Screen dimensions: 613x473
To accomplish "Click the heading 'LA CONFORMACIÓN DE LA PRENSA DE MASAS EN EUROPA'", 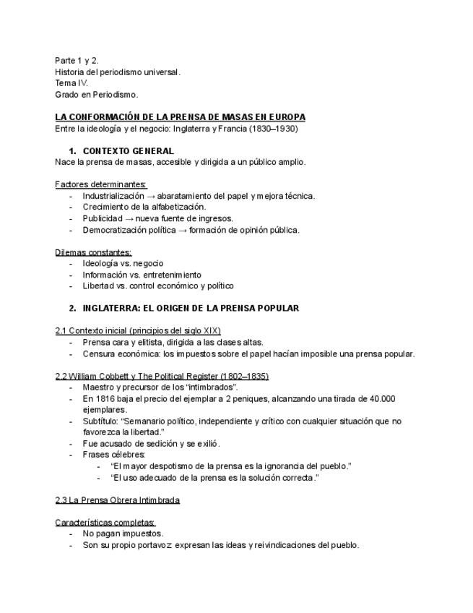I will pyautogui.click(x=180, y=117).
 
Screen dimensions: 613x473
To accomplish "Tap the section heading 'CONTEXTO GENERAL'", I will pyautogui.click(x=128, y=151).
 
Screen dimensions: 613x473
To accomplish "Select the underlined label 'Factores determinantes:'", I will pyautogui.click(x=100, y=184).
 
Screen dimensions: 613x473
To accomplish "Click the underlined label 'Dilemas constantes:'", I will pyautogui.click(x=93, y=252).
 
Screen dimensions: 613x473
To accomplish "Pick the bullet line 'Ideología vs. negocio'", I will pyautogui.click(x=123, y=264).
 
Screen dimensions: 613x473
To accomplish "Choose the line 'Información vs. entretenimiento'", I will pyautogui.click(x=142, y=275).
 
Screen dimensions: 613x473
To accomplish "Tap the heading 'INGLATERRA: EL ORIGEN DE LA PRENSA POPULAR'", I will pyautogui.click(x=190, y=308).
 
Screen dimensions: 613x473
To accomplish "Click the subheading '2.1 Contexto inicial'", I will pyautogui.click(x=97, y=331).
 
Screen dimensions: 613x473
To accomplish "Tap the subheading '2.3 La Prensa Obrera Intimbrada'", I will pyautogui.click(x=118, y=500).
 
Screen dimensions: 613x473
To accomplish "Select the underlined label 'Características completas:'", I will pyautogui.click(x=105, y=523).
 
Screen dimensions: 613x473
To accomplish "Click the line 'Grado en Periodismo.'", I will pyautogui.click(x=96, y=95).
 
